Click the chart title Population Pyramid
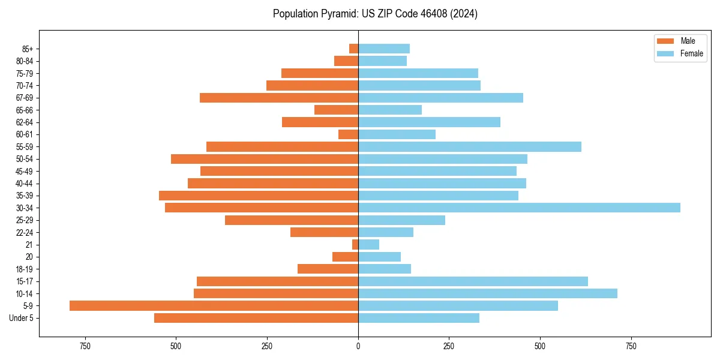click(375, 14)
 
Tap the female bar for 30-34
click(519, 208)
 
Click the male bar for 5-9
click(214, 305)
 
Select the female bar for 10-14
click(487, 293)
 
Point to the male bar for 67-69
click(279, 98)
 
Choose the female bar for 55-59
click(469, 146)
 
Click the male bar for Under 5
click(256, 318)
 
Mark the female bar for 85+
click(384, 49)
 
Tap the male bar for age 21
click(355, 244)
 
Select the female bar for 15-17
click(473, 281)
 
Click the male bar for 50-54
click(265, 159)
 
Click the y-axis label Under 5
click(21, 318)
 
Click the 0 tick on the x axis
click(358, 346)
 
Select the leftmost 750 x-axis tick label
click(85, 346)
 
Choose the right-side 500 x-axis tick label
click(540, 346)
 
